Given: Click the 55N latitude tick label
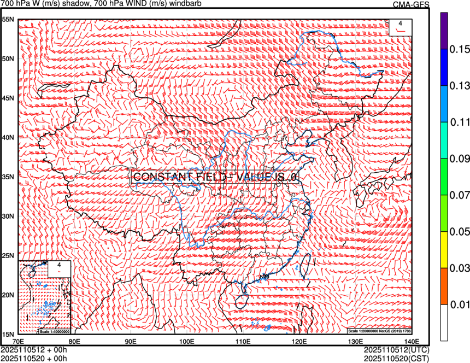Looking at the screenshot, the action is coord(8,19).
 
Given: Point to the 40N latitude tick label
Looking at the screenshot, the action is coord(8,137).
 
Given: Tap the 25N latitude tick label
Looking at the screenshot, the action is coord(8,255).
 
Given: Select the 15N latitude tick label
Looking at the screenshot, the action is coord(8,334).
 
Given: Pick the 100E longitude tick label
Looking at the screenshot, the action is coord(187,342).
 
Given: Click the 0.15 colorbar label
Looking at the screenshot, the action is coord(459,49).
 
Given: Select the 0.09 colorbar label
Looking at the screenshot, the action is coord(459,159).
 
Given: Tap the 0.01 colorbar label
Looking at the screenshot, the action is coord(459,304).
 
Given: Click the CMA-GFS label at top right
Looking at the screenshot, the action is coord(411,4).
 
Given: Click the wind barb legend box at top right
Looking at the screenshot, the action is coord(399,27).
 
